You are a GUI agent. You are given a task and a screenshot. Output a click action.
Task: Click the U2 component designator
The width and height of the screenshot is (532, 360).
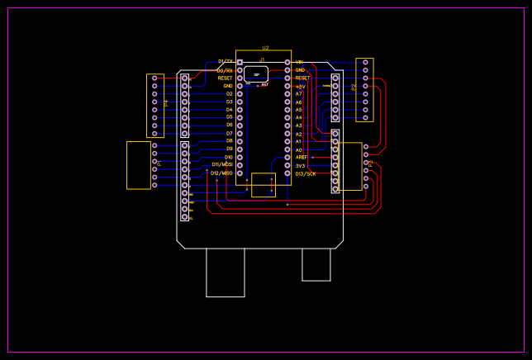point(265,48)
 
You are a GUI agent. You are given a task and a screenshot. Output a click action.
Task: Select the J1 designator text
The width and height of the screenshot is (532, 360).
point(263,59)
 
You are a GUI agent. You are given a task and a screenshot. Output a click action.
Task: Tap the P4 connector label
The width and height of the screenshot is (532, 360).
point(166,103)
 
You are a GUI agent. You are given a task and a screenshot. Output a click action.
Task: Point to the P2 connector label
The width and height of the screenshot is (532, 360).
point(354,87)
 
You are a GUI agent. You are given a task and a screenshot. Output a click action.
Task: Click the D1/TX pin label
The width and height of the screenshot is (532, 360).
point(226,61)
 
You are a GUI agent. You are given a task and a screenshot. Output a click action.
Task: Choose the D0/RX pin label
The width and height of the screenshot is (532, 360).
point(225,70)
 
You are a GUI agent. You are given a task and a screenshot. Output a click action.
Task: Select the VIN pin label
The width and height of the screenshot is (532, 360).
point(299,62)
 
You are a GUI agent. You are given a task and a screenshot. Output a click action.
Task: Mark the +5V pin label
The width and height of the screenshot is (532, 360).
point(301,86)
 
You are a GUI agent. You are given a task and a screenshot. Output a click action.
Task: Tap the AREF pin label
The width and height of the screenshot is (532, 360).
point(302,157)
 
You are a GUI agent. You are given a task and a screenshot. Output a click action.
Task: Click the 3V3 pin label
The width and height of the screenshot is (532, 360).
point(301,165)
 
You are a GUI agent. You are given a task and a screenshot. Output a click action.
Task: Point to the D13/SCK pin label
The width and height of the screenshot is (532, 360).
point(306,173)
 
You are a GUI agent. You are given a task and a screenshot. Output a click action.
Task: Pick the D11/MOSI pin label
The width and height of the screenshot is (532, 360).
point(221,164)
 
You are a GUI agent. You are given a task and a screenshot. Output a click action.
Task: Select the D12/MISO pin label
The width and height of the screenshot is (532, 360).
point(221,173)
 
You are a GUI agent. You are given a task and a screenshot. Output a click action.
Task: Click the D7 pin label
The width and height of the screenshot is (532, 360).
point(229,133)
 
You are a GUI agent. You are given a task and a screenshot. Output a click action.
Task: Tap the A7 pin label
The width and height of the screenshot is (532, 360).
point(299,94)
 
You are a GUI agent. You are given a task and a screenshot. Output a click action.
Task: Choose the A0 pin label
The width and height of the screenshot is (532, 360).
point(299,149)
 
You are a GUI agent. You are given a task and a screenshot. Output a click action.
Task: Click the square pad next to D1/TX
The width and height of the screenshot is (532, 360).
point(240,62)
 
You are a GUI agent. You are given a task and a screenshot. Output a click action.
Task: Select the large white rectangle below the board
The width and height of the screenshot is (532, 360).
point(226,272)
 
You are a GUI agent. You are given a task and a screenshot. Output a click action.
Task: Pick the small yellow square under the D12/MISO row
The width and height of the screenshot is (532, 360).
point(263,185)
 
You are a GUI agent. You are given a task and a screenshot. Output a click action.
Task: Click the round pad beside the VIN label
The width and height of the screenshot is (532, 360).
point(287,62)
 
